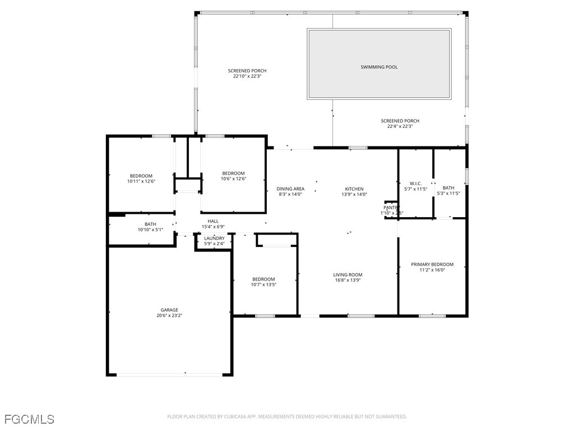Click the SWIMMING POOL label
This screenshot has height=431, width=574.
point(379,67)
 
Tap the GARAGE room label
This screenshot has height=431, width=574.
point(169,310)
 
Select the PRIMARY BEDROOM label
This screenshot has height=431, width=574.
point(432,264)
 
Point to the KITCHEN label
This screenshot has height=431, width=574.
point(354,189)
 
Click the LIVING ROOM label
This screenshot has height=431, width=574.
point(348,274)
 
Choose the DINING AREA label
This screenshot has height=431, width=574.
point(290,189)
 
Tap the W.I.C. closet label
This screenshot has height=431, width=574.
point(415,183)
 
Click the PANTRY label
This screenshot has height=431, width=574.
point(391,208)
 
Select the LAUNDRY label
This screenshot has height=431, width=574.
point(214,238)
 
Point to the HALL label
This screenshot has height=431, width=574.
point(213,221)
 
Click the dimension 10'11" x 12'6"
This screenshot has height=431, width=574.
point(141,181)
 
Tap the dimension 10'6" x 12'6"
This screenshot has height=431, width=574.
point(233,178)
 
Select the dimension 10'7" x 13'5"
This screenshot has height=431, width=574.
point(263,285)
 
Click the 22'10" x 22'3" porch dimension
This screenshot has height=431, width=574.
point(247,76)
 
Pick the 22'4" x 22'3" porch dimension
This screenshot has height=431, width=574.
point(400,126)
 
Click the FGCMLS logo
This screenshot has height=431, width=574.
point(29,419)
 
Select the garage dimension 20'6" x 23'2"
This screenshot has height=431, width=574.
point(169,315)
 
